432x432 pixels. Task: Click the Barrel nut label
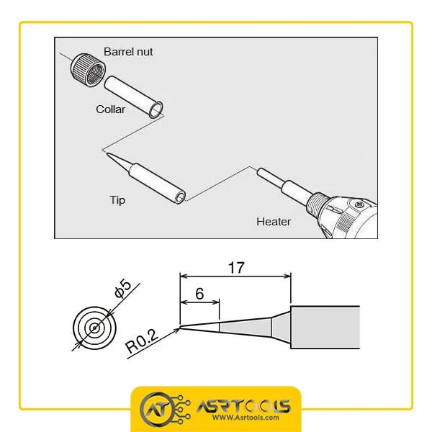coord(128,52)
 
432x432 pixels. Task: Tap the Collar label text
coord(110,109)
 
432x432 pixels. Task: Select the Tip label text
coord(117,200)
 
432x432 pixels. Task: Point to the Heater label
coord(274,222)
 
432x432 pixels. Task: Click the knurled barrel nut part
coord(88,70)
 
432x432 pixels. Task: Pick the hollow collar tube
coord(134,96)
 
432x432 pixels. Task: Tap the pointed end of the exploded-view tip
coord(107,153)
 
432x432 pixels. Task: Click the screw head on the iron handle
coord(359,204)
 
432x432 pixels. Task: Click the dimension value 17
coord(236,268)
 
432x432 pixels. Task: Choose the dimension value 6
coord(199,294)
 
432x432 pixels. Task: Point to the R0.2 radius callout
coord(142,341)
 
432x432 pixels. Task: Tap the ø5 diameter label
coord(123,289)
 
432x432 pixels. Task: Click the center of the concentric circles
coord(94,328)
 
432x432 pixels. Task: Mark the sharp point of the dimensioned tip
coord(180,328)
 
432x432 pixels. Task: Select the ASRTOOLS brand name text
coord(243,406)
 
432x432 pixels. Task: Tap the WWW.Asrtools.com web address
coord(246,418)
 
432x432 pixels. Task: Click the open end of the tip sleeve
coord(180,197)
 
